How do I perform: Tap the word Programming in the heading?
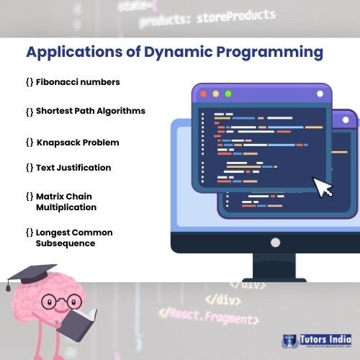point(272,53)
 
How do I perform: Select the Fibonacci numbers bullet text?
point(77,82)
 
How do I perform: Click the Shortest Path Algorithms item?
point(90,111)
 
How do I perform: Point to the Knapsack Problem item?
point(77,143)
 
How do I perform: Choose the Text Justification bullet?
point(73,168)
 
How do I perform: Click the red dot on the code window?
point(204,94)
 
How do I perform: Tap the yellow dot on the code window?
point(216,94)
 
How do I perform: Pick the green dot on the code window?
point(228,94)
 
